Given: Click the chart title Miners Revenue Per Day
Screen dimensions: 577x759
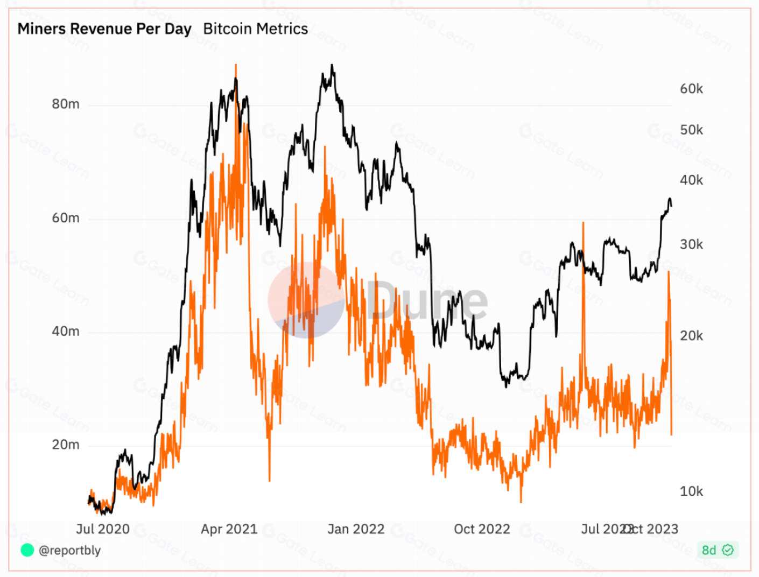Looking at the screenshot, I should [104, 29].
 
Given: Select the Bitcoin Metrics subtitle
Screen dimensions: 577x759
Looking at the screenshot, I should [255, 29].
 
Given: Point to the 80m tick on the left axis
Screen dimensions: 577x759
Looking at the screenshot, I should [66, 104].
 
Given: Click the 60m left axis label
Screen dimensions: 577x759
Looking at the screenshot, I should [66, 218].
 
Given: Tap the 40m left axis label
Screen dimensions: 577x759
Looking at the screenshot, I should [66, 332].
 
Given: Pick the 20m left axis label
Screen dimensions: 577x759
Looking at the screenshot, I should [66, 445].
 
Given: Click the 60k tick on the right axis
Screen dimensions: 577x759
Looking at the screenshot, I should [691, 89].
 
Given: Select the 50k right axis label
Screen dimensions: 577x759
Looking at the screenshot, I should [691, 130].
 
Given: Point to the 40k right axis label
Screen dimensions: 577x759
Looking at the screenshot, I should [691, 180].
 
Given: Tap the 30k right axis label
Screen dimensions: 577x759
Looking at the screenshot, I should [691, 244].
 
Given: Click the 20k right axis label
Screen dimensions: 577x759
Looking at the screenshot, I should [691, 336].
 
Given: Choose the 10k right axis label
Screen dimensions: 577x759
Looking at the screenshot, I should [691, 491].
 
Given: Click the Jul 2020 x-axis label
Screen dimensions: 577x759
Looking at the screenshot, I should [103, 529].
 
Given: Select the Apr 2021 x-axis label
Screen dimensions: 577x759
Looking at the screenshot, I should [229, 529].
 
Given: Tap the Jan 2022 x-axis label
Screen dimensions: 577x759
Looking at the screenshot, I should [356, 529].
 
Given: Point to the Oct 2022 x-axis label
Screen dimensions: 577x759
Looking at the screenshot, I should [482, 529].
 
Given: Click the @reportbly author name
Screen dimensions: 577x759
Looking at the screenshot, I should [69, 550].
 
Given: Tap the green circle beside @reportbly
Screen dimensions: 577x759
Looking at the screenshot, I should [27, 550].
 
